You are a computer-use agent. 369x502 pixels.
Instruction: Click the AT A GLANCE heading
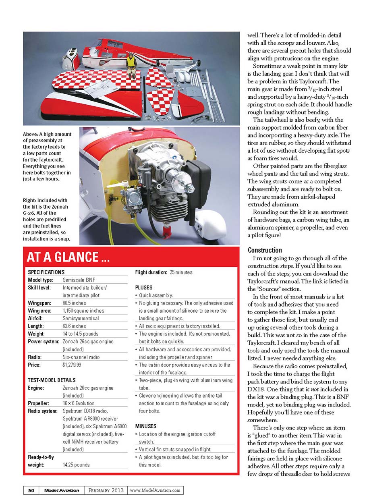[68, 257]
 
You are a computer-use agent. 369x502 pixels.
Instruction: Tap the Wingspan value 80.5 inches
[75, 303]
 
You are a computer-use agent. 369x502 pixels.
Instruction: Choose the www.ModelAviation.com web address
[155, 490]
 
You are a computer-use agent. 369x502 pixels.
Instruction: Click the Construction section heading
[265, 250]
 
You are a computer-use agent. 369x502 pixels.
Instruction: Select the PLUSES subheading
[144, 288]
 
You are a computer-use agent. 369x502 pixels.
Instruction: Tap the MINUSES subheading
[146, 426]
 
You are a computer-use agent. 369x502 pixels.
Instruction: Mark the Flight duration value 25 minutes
[181, 272]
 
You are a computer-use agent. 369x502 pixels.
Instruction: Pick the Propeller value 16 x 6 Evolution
[79, 403]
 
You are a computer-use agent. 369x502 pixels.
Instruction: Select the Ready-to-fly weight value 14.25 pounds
[76, 465]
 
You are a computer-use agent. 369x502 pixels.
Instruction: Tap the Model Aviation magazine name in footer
[62, 490]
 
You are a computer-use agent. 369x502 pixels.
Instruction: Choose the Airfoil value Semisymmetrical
[81, 318]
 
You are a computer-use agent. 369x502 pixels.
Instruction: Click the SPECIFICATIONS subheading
[46, 272]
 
